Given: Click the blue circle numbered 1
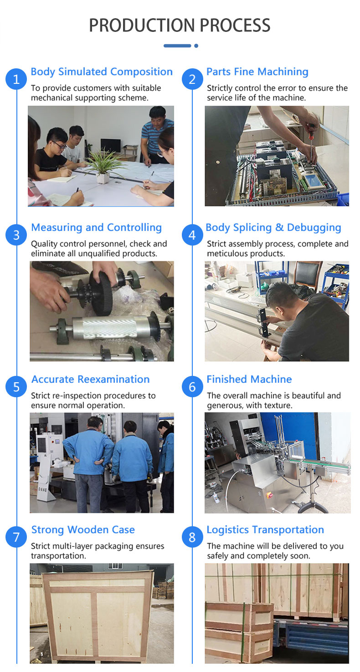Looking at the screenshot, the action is (16, 79).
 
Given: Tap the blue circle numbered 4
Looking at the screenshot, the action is (192, 235).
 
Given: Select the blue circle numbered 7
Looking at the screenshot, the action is (16, 537).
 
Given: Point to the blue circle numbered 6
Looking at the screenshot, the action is (192, 387).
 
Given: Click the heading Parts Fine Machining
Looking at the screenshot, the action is (257, 72).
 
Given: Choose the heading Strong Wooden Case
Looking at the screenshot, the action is (83, 530).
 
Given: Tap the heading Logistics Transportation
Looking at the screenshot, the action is (265, 530).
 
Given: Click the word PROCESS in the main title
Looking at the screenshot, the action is (235, 25).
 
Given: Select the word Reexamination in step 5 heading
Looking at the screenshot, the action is (113, 379).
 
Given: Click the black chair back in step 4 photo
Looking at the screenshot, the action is (307, 275).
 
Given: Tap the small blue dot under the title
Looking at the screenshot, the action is (196, 46).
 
